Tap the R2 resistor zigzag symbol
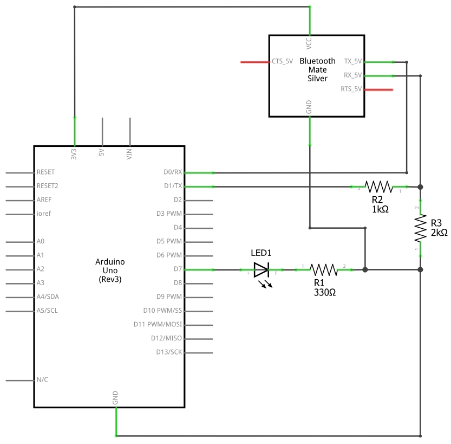pos(379,187)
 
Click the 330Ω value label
pos(325,292)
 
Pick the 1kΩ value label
pos(380,209)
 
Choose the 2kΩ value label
pos(439,233)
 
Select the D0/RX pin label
pos(173,172)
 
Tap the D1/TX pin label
pos(173,186)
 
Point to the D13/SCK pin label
pos(168,352)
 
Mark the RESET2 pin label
pos(47,186)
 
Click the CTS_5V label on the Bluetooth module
pos(282,62)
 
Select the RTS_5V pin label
pos(351,89)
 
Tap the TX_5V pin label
pos(352,62)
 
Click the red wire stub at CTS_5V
pos(254,62)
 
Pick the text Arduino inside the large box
pos(110,262)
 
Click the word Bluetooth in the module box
pos(317,61)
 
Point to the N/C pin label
pos(42,380)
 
